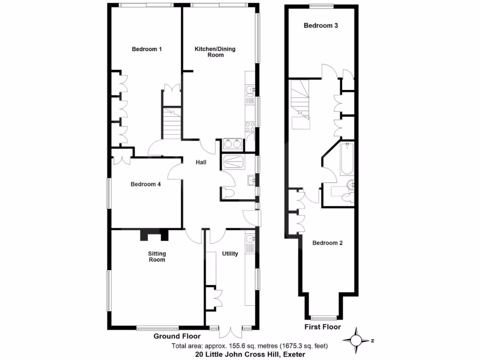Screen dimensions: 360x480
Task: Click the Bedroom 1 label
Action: (147, 49)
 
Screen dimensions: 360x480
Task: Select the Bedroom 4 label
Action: (146, 184)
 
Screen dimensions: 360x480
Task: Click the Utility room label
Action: (230, 254)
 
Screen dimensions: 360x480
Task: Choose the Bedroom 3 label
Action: (321, 26)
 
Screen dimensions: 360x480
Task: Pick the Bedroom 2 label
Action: (328, 243)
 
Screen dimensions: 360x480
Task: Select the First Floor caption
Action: (322, 327)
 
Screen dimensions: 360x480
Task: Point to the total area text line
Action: (249, 346)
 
